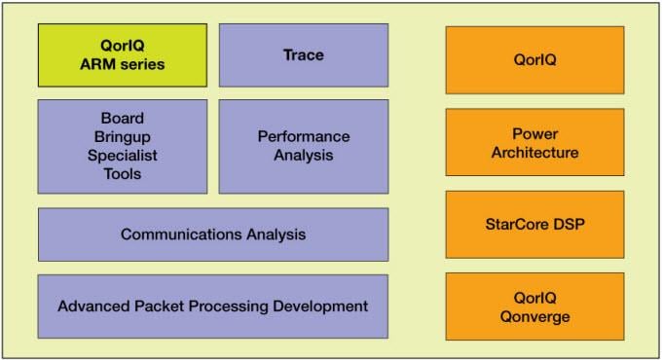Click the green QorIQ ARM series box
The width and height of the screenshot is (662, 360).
(122, 55)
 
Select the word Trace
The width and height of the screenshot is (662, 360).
(303, 54)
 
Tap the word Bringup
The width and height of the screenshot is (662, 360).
(122, 137)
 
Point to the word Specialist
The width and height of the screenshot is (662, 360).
(122, 156)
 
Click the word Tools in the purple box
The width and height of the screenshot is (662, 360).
(122, 174)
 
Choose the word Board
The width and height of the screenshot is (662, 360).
(122, 119)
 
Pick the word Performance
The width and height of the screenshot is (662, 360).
(303, 136)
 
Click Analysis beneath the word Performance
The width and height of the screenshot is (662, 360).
(303, 155)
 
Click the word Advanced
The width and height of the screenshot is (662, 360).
(92, 306)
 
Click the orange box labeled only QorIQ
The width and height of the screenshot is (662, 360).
(534, 59)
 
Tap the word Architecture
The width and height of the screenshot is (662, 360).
(534, 153)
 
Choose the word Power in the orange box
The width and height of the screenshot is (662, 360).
(534, 134)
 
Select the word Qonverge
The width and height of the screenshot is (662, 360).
(534, 316)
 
